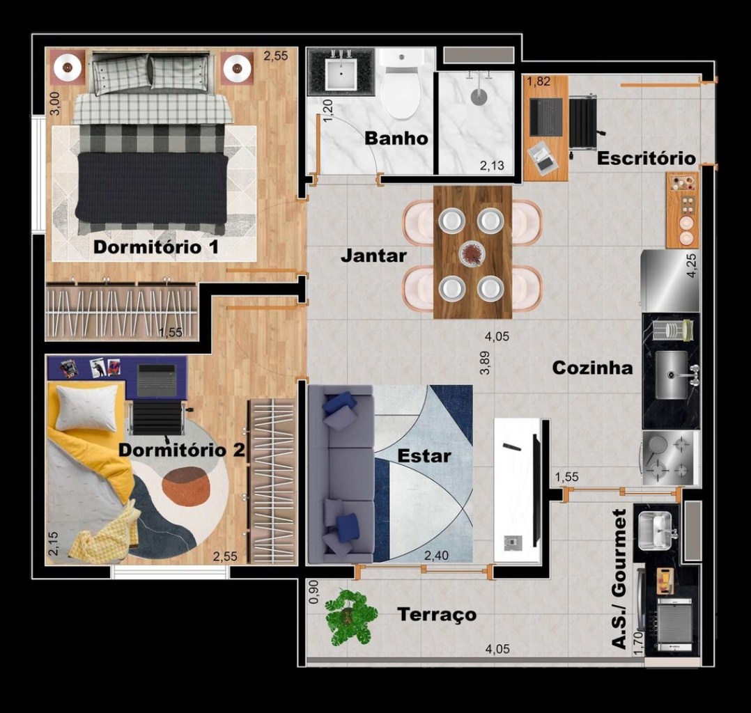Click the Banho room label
(x=396, y=139)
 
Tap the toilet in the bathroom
(x=401, y=83)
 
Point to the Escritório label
(x=646, y=158)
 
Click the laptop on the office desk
(x=546, y=117)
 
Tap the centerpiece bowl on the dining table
(x=472, y=253)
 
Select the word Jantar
(x=373, y=256)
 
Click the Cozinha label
(x=592, y=368)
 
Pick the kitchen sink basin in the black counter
(x=671, y=375)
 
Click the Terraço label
(x=437, y=614)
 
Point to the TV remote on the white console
(x=511, y=447)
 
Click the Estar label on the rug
(x=424, y=456)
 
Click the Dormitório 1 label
(x=155, y=247)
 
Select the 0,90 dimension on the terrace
(x=313, y=592)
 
